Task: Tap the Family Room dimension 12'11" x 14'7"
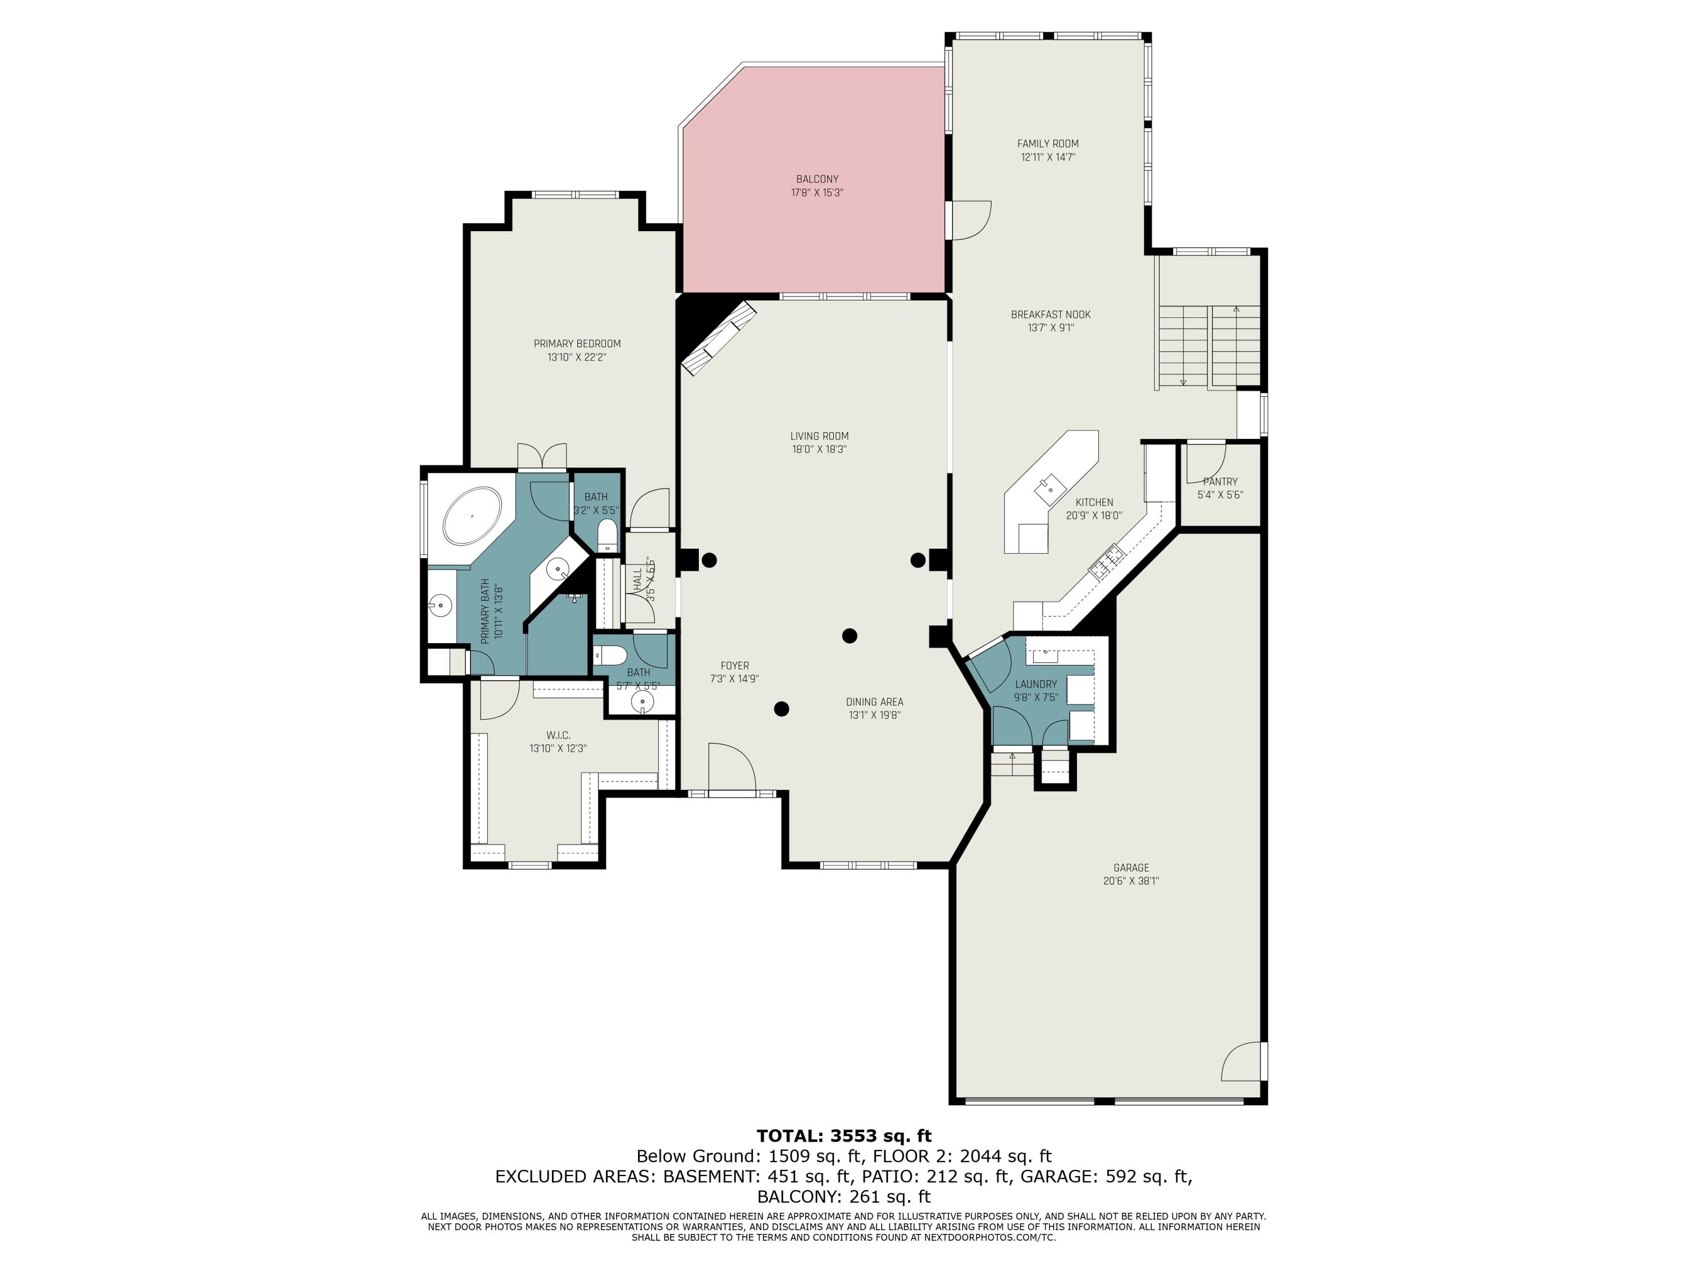(x=1048, y=157)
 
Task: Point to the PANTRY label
(x=1219, y=482)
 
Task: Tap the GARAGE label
(x=1130, y=868)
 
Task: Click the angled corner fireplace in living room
(x=718, y=338)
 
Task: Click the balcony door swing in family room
(x=971, y=220)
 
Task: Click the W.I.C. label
(x=558, y=735)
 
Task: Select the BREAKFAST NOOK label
(x=1050, y=315)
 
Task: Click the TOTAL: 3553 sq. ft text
(x=843, y=1135)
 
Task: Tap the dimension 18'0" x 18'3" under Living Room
(x=819, y=450)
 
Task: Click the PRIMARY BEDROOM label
(x=577, y=343)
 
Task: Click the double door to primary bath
(x=542, y=456)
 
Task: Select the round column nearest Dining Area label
(x=849, y=636)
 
